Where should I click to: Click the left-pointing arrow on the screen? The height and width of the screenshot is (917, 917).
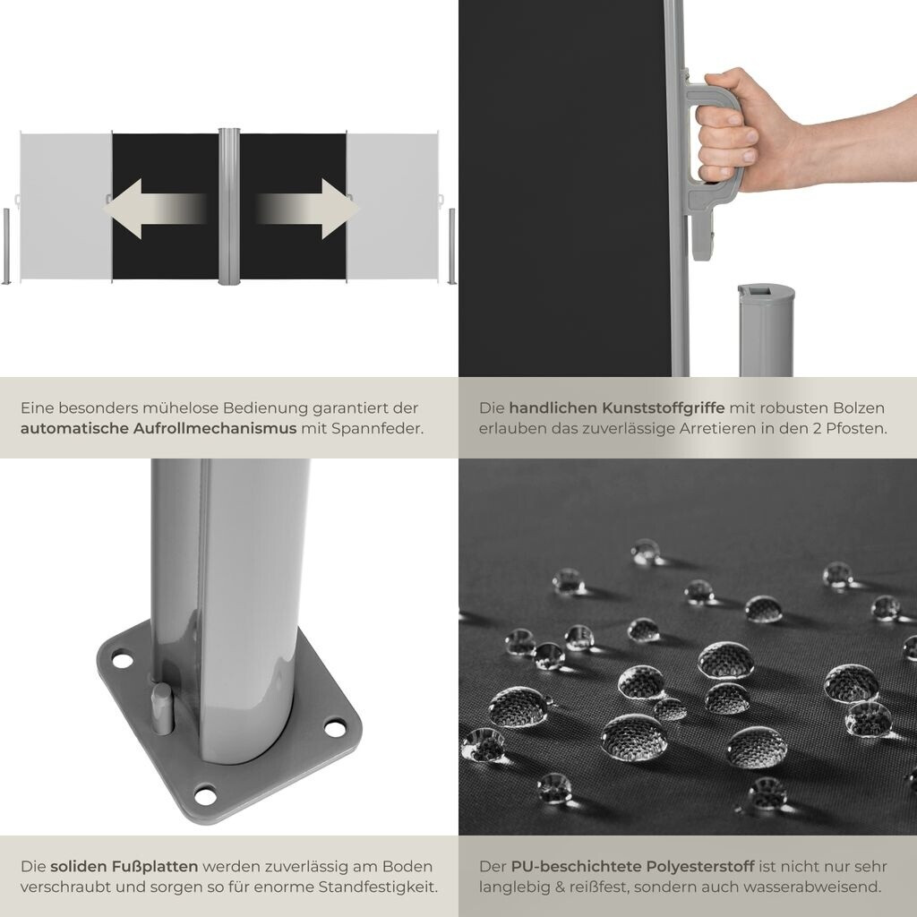(155, 209)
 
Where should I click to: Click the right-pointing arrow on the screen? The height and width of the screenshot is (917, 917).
(306, 209)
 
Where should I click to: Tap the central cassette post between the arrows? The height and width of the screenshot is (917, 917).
(228, 206)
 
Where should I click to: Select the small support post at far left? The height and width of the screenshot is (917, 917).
(6, 246)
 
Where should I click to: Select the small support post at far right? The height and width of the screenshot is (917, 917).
(451, 246)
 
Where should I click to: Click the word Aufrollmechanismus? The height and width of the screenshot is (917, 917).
(215, 429)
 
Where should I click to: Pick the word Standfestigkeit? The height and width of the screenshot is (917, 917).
(378, 887)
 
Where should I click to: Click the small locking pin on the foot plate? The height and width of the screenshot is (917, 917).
(162, 708)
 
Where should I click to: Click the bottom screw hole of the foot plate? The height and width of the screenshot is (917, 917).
(205, 795)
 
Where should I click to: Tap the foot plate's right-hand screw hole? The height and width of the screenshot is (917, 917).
(335, 729)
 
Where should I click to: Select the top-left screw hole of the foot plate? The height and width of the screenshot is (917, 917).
(122, 661)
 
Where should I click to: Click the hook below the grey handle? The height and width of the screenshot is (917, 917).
(704, 236)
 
